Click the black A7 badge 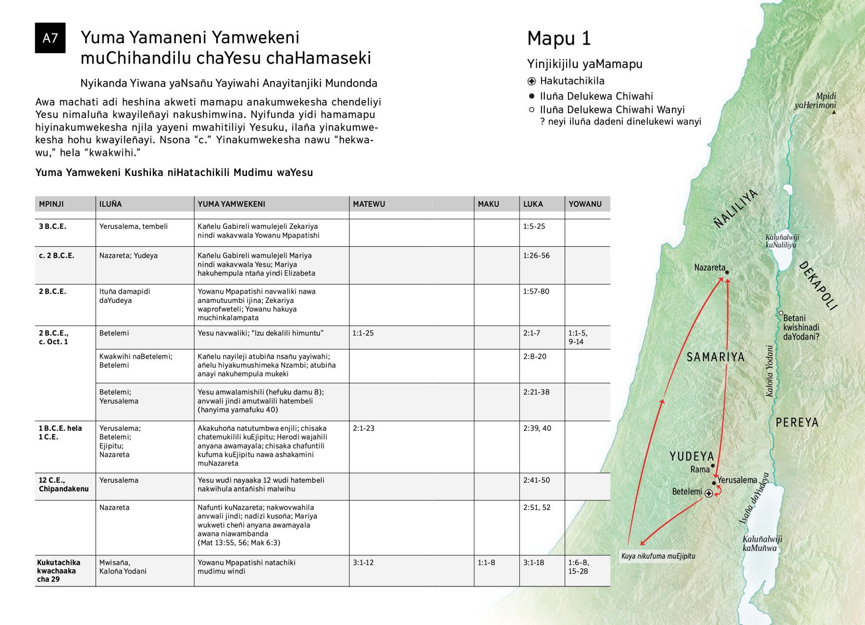click(x=50, y=38)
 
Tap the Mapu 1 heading click(x=559, y=39)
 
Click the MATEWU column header click(x=369, y=204)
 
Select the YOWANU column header click(x=585, y=204)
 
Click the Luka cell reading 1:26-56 click(x=536, y=256)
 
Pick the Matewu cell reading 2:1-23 click(x=363, y=428)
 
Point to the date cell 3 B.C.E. click(x=52, y=226)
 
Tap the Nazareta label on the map click(x=709, y=267)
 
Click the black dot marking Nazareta click(x=727, y=273)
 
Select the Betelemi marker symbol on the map click(x=708, y=493)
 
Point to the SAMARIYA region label click(x=716, y=357)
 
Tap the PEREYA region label click(x=797, y=423)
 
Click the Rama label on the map click(x=700, y=469)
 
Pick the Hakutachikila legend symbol click(x=531, y=81)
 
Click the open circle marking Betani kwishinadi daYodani click(x=781, y=313)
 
